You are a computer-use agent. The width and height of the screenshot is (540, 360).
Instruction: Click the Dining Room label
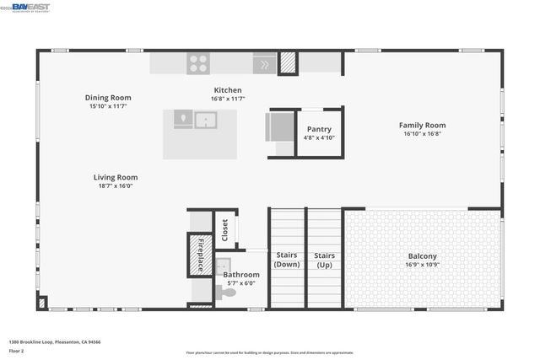pyautogui.click(x=108, y=98)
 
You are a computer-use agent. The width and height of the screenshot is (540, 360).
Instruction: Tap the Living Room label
pyautogui.click(x=116, y=178)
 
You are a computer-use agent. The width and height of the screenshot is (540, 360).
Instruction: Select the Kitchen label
pyautogui.click(x=227, y=90)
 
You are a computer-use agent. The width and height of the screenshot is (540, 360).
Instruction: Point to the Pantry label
pyautogui.click(x=319, y=129)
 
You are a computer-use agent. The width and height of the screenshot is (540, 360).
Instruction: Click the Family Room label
pyautogui.click(x=422, y=125)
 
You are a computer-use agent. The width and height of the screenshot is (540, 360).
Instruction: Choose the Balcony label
pyautogui.click(x=423, y=256)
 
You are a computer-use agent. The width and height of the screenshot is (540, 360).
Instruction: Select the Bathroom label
pyautogui.click(x=241, y=275)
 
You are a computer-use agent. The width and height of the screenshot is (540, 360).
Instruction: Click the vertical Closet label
pyautogui.click(x=225, y=230)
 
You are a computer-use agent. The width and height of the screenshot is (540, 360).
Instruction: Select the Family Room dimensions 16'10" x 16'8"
pyautogui.click(x=422, y=133)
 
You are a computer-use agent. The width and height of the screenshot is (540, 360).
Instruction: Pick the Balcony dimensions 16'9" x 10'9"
pyautogui.click(x=423, y=265)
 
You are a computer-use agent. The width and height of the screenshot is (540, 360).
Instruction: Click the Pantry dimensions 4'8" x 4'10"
pyautogui.click(x=319, y=137)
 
